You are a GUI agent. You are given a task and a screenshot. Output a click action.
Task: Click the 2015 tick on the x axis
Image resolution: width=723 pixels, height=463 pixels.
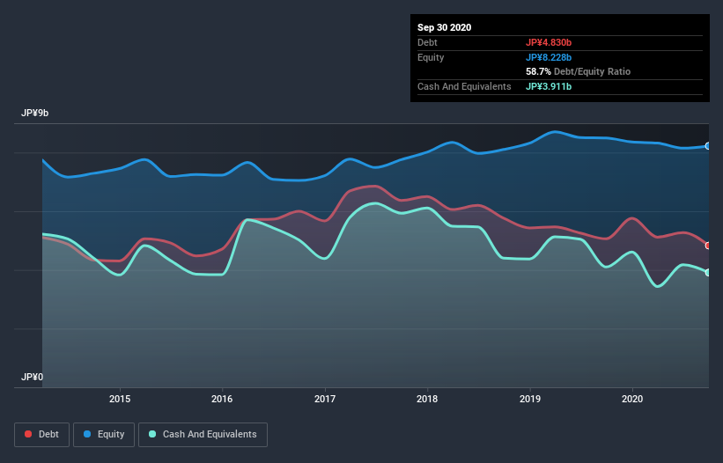[x=120, y=399]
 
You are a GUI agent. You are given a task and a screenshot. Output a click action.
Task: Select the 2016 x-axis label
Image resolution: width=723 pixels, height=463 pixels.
[x=223, y=399]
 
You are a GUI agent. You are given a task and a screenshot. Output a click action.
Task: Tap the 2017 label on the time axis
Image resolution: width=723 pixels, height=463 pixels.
[x=326, y=399]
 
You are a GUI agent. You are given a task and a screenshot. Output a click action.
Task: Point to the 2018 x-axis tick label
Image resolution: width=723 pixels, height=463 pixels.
[x=428, y=399]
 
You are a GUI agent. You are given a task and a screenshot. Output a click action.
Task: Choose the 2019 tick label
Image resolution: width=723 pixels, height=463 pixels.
[x=530, y=399]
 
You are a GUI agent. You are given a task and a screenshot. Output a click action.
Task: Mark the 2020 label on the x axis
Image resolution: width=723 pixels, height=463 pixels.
[x=632, y=399]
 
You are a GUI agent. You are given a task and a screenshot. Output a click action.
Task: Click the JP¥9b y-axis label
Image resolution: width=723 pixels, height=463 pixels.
[x=36, y=114]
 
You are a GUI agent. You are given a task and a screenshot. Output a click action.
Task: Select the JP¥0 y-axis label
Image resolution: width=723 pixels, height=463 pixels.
[x=33, y=377]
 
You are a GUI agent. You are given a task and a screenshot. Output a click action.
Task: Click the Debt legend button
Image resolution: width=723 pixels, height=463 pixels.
[x=41, y=434]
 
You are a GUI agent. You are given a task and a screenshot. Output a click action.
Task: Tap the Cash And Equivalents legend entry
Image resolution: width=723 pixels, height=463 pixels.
[x=203, y=434]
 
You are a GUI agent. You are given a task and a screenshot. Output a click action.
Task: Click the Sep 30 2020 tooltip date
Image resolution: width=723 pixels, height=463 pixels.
[x=444, y=27]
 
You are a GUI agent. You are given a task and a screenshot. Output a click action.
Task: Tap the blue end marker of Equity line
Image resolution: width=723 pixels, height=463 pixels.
[x=708, y=146]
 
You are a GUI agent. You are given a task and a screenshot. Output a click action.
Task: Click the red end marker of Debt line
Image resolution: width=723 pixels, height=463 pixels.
[x=708, y=246]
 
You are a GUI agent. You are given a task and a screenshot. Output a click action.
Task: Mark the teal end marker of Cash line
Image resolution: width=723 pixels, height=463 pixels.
[x=708, y=273]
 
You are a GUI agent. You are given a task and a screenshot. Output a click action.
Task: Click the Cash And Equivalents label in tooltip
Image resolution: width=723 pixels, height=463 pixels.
[x=464, y=86]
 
